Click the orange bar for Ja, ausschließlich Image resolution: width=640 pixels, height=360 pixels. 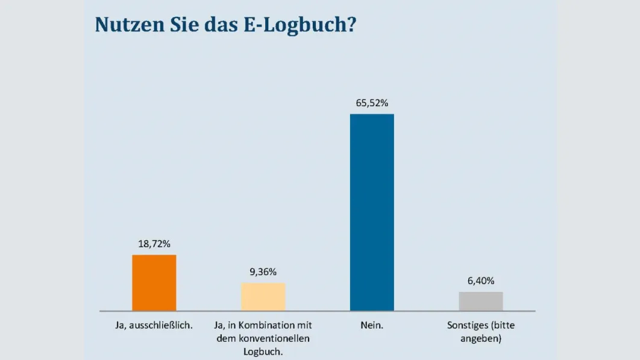tap(154, 283)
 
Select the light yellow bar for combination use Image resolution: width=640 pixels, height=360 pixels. tap(263, 297)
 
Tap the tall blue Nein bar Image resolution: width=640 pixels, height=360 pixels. tap(372, 212)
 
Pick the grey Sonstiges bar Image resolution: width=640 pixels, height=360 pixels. tap(481, 302)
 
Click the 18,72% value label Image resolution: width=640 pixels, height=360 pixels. tap(154, 244)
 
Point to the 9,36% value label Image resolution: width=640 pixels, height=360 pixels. tap(263, 272)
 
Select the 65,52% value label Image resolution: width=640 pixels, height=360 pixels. tap(372, 103)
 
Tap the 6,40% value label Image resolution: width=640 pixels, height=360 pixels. tap(481, 281)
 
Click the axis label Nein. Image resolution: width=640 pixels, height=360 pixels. tap(372, 326)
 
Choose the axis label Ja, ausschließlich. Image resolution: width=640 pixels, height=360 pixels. tap(154, 326)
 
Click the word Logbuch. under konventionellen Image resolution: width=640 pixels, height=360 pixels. tap(263, 351)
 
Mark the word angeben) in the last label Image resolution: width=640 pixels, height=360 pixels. tap(481, 338)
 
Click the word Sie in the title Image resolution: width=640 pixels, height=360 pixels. tap(180, 24)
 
